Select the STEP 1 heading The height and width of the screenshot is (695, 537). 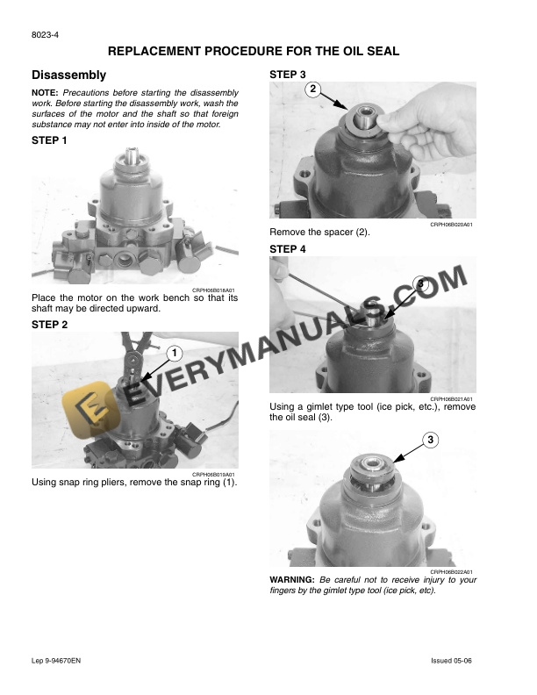(x=49, y=140)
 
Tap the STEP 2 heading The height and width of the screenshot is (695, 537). (x=49, y=325)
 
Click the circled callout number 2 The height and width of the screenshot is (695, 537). (x=313, y=89)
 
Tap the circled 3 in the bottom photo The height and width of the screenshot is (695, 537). (x=431, y=440)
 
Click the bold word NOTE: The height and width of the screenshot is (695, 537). (x=45, y=93)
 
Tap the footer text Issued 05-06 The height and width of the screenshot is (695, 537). (x=454, y=659)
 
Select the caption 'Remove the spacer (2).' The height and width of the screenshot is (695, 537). (x=319, y=233)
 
